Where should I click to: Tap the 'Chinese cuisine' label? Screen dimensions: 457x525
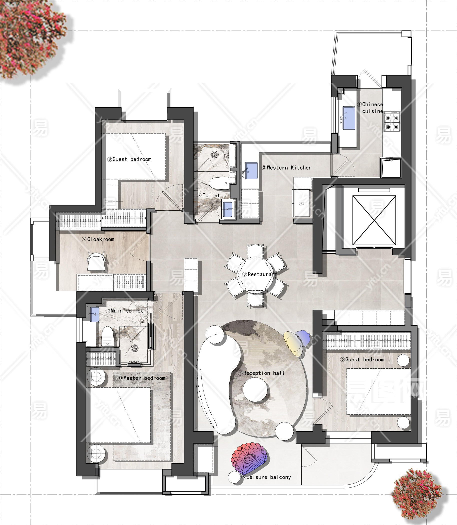372,108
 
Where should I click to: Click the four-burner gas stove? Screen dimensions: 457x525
392,122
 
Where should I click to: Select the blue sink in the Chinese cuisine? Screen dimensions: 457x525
348,118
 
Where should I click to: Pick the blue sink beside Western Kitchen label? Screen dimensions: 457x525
251,171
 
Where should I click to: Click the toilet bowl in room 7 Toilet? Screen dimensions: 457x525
219,183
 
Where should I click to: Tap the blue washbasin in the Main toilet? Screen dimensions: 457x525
95,314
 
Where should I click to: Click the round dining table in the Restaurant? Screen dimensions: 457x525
256,274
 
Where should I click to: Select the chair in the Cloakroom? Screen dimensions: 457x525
96,261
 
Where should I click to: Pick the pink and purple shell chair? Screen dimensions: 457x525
249,459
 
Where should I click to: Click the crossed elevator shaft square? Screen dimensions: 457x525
374,220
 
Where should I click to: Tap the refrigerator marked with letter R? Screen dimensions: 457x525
302,203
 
